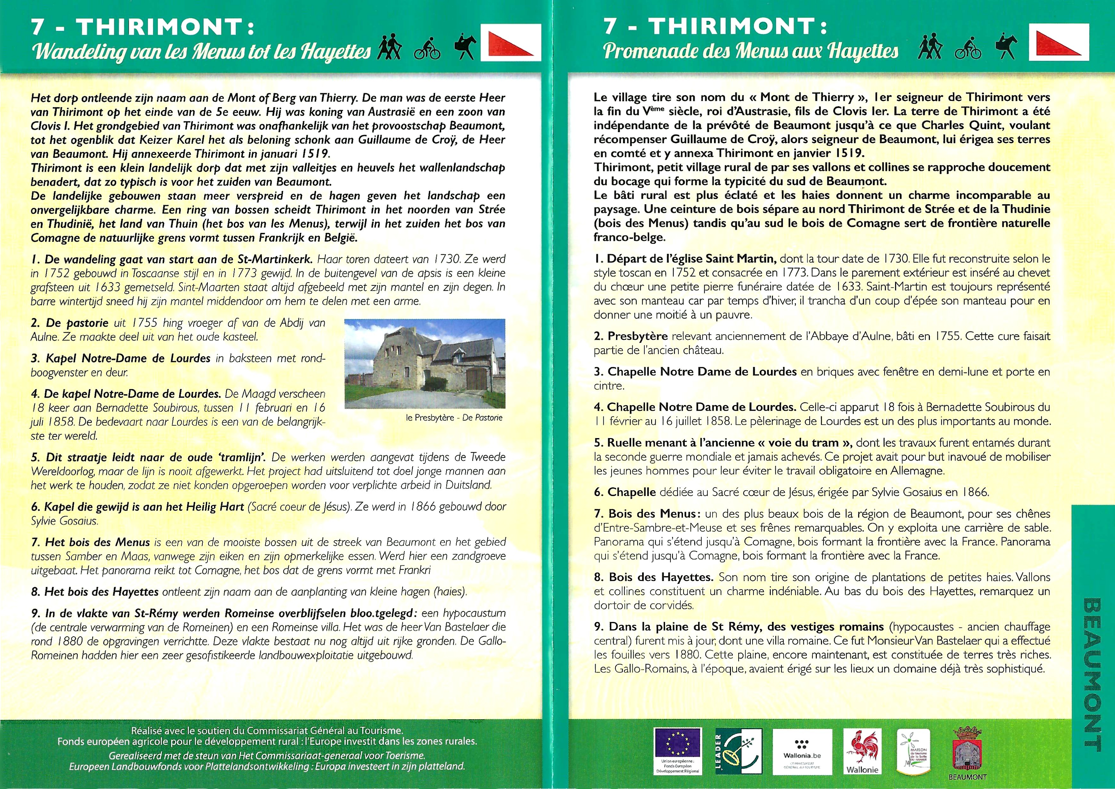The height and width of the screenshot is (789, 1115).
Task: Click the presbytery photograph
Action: click(x=424, y=363)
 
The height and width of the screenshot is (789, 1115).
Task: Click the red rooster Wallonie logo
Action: click(x=862, y=751)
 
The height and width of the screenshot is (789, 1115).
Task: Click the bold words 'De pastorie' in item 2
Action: click(x=76, y=323)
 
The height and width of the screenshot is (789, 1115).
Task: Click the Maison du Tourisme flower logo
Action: click(x=913, y=751)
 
